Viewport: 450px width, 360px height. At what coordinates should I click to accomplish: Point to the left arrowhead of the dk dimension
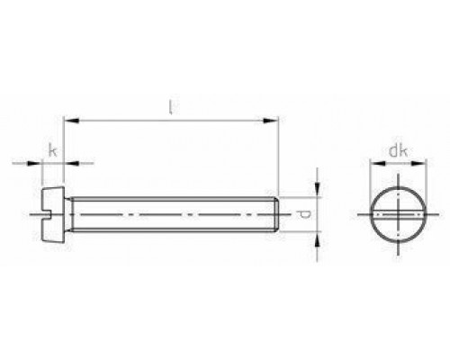[x=373, y=165]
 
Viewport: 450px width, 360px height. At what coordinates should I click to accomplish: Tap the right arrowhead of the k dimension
[x=72, y=164]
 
